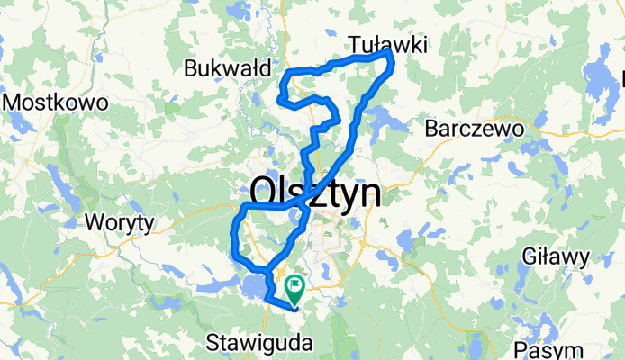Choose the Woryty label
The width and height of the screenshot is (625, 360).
(119, 221)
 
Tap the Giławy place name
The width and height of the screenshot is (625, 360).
(556, 258)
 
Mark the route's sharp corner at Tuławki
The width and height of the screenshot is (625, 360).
(390, 54)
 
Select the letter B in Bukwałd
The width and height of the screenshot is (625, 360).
(190, 68)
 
